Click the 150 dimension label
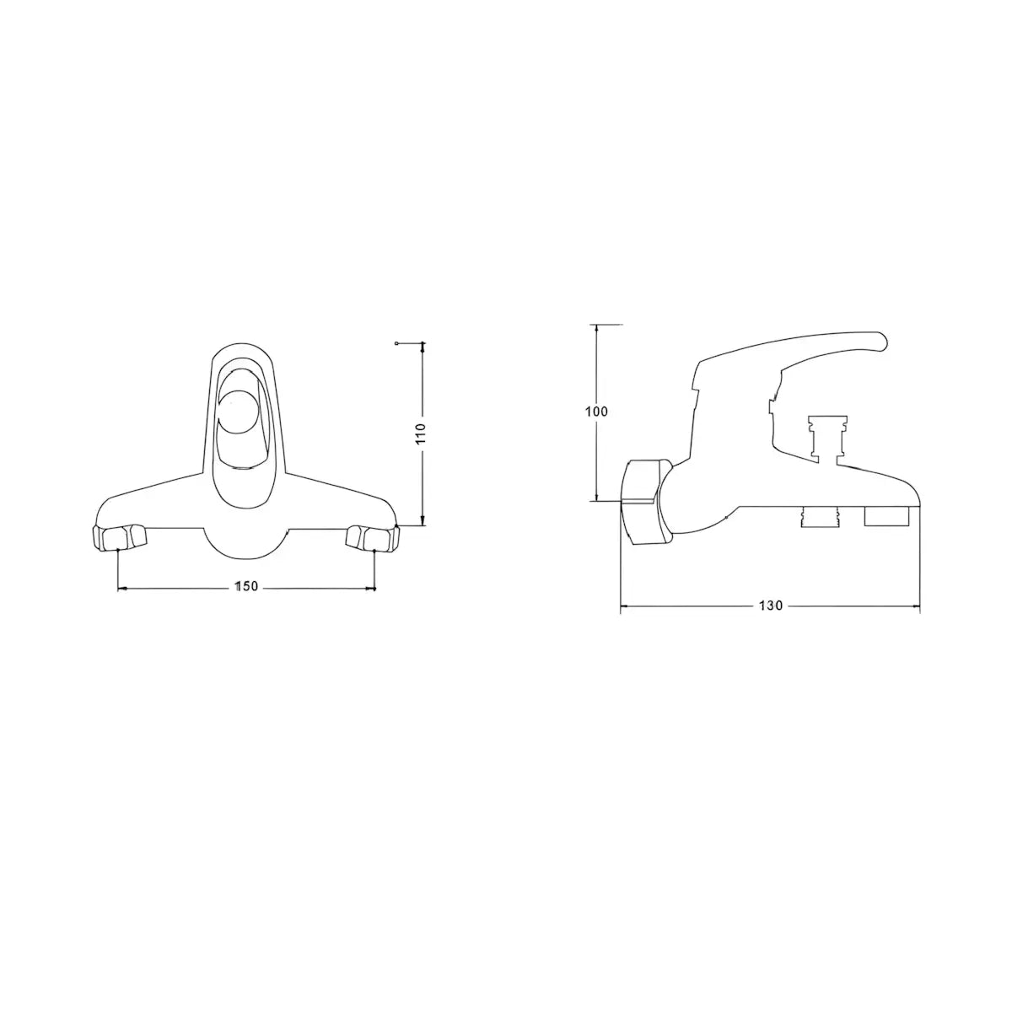pyautogui.click(x=246, y=587)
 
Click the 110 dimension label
pyautogui.click(x=422, y=433)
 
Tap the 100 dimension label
pyautogui.click(x=596, y=412)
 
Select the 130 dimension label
pyautogui.click(x=771, y=606)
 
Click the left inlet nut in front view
pyautogui.click(x=119, y=536)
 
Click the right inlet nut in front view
pyautogui.click(x=373, y=536)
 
